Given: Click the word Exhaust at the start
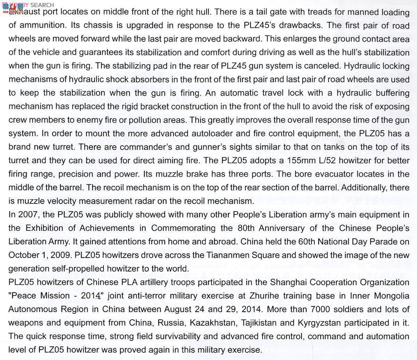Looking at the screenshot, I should [22, 12].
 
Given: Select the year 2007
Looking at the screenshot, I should [29, 215].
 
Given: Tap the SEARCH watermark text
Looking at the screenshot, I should [42, 5].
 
